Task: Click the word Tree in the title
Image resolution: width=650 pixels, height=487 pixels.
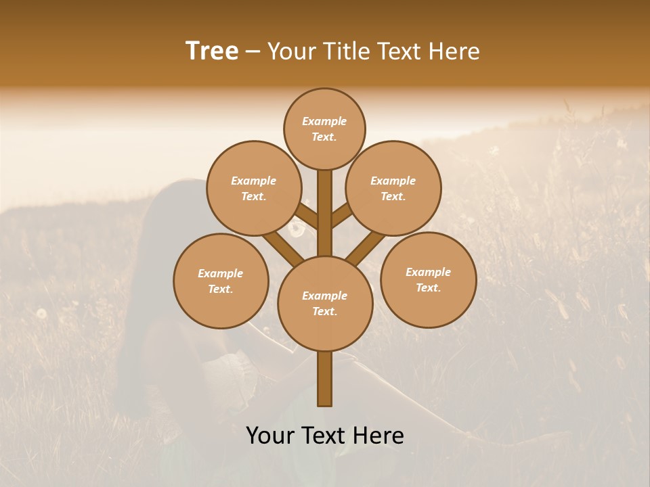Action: (x=212, y=51)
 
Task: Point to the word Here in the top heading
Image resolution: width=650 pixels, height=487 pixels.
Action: (x=453, y=51)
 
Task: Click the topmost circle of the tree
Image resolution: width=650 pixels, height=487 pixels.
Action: (x=324, y=129)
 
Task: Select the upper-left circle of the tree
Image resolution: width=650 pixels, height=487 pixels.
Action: (x=253, y=188)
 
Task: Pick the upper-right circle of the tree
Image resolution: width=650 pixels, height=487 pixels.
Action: (x=393, y=188)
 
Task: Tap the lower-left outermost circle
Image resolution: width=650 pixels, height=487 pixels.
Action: (x=221, y=281)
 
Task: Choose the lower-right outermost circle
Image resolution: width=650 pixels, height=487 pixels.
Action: (x=428, y=279)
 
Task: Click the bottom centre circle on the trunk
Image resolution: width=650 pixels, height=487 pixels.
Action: (x=325, y=303)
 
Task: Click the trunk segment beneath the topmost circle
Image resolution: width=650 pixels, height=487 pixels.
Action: (x=325, y=210)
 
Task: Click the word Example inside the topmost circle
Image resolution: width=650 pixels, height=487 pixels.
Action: (x=324, y=121)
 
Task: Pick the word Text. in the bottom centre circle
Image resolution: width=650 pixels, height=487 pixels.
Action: (x=324, y=312)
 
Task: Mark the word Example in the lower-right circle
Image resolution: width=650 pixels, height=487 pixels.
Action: (x=428, y=272)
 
